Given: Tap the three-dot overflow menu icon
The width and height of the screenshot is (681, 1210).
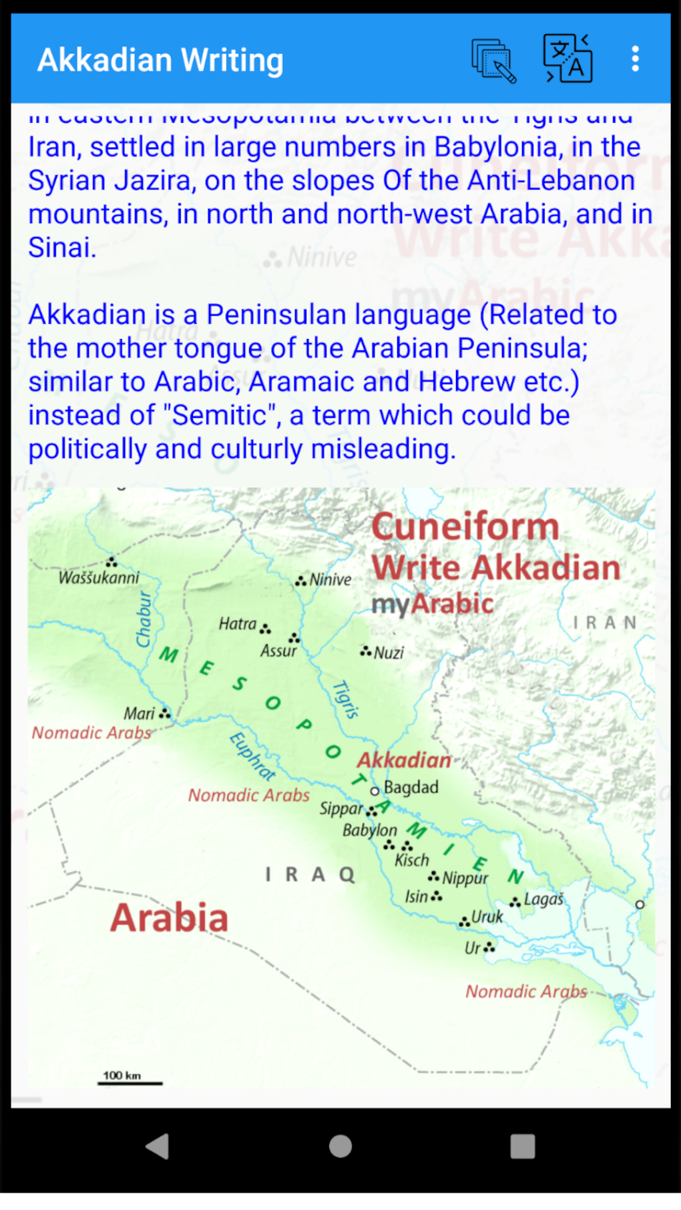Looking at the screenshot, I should click(x=635, y=59).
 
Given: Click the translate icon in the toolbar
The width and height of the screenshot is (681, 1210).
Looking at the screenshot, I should click(x=567, y=59).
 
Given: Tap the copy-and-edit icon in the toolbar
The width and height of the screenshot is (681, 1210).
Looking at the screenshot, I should click(x=494, y=61).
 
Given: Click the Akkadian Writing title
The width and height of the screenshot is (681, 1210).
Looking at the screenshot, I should click(x=160, y=60).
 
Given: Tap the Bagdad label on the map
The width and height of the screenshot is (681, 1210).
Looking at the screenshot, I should click(x=411, y=788).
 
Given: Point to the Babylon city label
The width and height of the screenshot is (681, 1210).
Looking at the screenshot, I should click(x=370, y=830).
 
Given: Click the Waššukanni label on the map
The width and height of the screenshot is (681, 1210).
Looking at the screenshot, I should click(x=99, y=578).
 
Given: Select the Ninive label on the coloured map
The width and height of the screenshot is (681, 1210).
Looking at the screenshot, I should click(x=330, y=580).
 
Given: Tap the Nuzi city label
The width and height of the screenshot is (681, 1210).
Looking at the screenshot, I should click(x=389, y=653).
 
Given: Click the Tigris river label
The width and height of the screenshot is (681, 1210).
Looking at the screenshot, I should click(x=346, y=699).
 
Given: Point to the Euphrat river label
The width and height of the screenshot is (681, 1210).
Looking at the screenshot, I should click(x=252, y=756).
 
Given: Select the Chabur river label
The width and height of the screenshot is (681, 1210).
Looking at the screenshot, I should click(x=144, y=619).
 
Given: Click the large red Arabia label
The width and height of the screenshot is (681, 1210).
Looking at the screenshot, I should click(x=170, y=918).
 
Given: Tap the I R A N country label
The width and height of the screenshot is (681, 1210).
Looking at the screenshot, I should click(x=605, y=623).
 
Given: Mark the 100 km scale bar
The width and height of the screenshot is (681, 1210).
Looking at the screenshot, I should click(x=130, y=1082).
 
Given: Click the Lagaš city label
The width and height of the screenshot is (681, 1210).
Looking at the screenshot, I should click(x=543, y=900).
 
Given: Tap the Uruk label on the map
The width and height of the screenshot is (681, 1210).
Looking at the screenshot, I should click(x=487, y=917).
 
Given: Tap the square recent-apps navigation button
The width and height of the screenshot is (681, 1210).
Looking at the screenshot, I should click(x=522, y=1146).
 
